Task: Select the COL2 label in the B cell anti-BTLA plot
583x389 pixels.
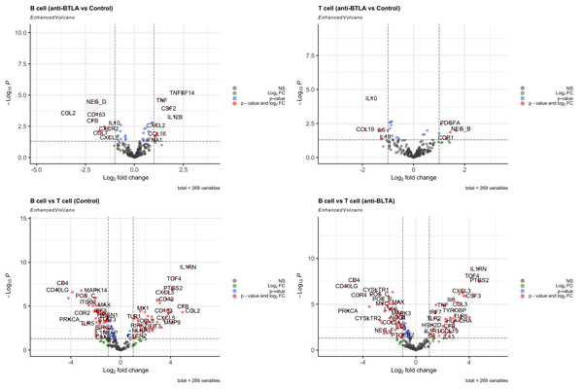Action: point(68,114)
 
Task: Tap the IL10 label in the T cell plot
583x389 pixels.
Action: point(370,98)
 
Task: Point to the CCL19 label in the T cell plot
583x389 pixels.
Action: point(364,129)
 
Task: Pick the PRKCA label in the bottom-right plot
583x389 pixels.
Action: point(348,310)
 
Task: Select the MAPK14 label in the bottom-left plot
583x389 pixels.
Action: point(95,290)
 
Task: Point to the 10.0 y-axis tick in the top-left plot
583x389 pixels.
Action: point(20,32)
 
